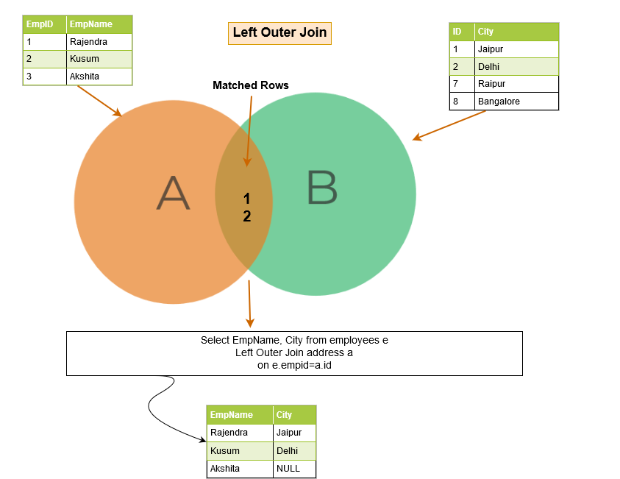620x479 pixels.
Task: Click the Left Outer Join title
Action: tap(279, 32)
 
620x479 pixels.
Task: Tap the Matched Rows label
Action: tap(251, 85)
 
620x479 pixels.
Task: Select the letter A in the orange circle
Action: tap(174, 193)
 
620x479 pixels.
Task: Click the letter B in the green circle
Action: tap(322, 188)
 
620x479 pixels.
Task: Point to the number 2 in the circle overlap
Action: tap(247, 216)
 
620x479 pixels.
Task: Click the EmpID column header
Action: tap(40, 24)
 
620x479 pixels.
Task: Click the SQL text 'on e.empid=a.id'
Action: tap(294, 365)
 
